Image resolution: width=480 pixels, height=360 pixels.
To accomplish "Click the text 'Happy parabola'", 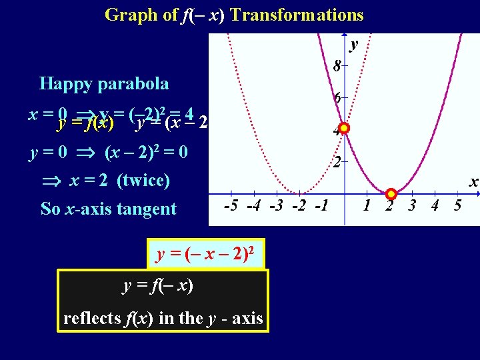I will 103,83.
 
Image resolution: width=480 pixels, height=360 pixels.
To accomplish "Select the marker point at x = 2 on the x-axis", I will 391,194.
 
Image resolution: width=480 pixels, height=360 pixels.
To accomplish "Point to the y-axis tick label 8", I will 337,66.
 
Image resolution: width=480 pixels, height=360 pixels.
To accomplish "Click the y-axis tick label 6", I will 337,97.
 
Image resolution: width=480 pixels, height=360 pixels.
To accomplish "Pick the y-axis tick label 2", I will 337,162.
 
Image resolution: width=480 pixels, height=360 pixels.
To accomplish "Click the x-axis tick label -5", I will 231,205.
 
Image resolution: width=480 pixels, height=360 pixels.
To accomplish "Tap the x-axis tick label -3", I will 275,205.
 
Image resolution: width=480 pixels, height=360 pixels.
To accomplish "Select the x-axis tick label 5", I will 457,205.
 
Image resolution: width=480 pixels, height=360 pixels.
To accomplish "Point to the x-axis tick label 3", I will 412,205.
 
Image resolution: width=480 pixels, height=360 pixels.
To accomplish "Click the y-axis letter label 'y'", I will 354,44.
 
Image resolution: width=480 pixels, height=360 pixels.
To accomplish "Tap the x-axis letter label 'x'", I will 473,181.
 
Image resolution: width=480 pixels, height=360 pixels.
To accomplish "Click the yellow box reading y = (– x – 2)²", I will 206,254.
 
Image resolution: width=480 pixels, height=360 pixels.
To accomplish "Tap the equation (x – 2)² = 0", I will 146,152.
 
